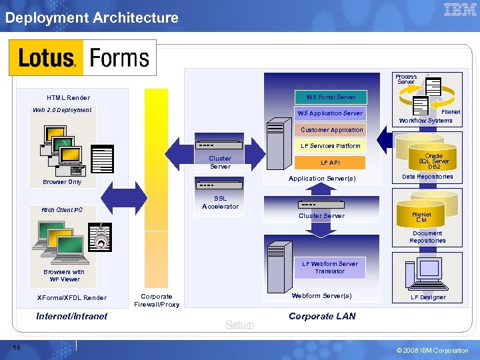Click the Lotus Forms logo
pyautogui.click(x=82, y=57)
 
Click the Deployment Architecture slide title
pyautogui.click(x=92, y=18)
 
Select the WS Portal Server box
pyautogui.click(x=331, y=97)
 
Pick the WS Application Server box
pyautogui.click(x=330, y=113)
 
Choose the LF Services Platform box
pyautogui.click(x=330, y=146)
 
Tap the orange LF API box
pyautogui.click(x=330, y=163)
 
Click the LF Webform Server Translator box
pyautogui.click(x=329, y=267)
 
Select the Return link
pyautogui.click(x=239, y=325)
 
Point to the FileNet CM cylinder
pyautogui.click(x=421, y=217)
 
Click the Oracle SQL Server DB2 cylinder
pyautogui.click(x=433, y=161)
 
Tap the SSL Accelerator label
pyautogui.click(x=220, y=203)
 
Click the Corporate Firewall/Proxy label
pyautogui.click(x=157, y=301)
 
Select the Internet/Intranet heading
pyautogui.click(x=71, y=316)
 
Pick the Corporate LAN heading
pyautogui.click(x=322, y=316)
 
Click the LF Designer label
pyautogui.click(x=428, y=297)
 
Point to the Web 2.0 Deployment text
pyautogui.click(x=62, y=110)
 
